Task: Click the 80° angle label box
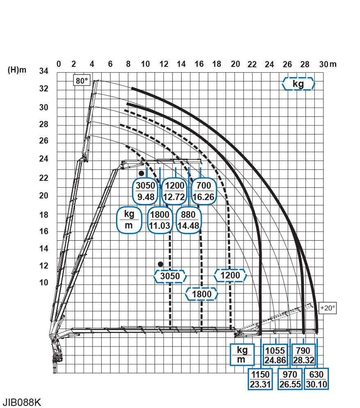(x=82, y=81)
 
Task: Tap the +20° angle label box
(x=328, y=308)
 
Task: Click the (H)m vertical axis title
(x=17, y=70)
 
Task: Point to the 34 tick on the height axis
(x=43, y=71)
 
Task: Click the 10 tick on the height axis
(x=43, y=283)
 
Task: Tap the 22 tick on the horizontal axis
(x=252, y=64)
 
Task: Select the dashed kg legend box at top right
(x=298, y=84)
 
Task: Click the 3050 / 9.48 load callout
(x=146, y=191)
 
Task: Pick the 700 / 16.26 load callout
(x=203, y=191)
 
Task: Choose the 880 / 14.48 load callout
(x=188, y=220)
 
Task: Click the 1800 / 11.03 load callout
(x=160, y=220)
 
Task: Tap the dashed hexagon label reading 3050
(x=170, y=276)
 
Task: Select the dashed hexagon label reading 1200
(x=230, y=275)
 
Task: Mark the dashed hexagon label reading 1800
(x=202, y=294)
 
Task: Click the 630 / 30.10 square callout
(x=316, y=379)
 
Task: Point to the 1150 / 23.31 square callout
(x=260, y=379)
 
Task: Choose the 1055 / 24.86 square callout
(x=275, y=355)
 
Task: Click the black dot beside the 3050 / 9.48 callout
(x=141, y=173)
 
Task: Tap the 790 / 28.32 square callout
(x=303, y=355)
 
